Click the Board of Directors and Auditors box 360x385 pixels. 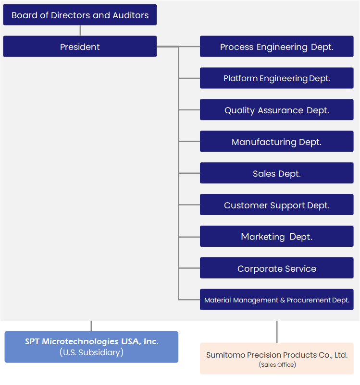80,15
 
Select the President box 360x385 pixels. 80,47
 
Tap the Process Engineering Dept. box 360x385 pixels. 277,47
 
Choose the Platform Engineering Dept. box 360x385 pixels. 277,78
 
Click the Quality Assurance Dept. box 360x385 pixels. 277,110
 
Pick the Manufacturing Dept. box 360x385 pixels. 277,142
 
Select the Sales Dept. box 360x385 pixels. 277,173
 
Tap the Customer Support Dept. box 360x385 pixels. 277,205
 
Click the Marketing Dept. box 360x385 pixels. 277,237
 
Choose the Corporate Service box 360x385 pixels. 277,268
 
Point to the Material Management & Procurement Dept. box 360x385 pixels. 277,300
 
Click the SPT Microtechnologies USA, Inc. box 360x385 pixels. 91,347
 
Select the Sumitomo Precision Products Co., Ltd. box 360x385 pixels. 277,359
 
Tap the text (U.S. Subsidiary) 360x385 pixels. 91,352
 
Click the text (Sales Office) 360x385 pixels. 277,365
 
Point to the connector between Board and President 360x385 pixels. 80,30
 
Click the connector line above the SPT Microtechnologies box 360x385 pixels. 91,326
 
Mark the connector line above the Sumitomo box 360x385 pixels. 277,332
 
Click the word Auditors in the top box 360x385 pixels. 131,15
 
